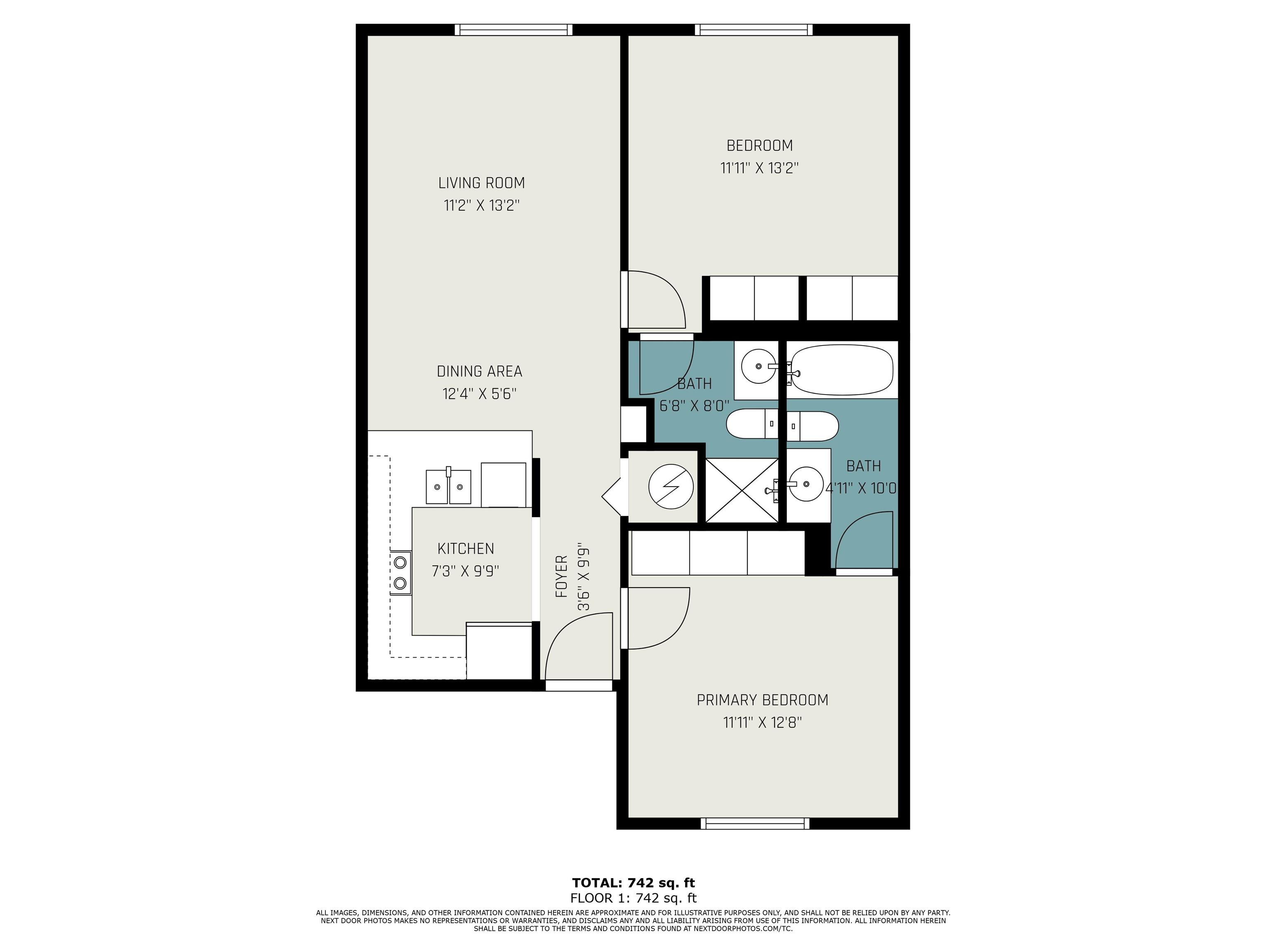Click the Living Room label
[x=481, y=183]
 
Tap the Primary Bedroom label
[x=762, y=700]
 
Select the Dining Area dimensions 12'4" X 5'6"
[x=479, y=394]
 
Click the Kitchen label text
[x=466, y=548]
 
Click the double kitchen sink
[x=448, y=486]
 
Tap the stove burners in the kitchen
[x=400, y=573]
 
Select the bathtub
[x=841, y=369]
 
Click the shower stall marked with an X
[x=742, y=490]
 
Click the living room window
[x=514, y=30]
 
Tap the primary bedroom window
[x=755, y=823]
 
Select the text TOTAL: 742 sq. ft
[x=633, y=882]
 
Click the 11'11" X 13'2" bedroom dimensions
[x=760, y=168]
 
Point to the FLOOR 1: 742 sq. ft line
[x=633, y=898]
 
